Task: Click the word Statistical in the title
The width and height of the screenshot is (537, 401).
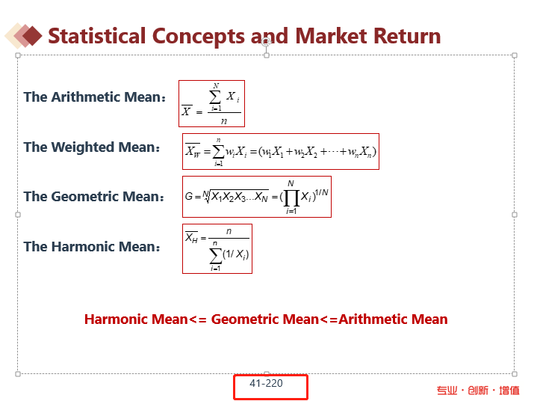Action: tap(97, 37)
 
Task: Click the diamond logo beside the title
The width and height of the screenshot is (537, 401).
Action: tap(23, 35)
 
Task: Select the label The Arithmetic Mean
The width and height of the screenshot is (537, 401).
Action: tap(95, 97)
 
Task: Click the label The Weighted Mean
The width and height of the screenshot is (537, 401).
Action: tap(91, 147)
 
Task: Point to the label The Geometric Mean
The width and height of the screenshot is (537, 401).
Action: tap(93, 197)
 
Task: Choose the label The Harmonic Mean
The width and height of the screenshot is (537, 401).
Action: tap(91, 247)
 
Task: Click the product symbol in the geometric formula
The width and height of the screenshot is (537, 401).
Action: tap(291, 198)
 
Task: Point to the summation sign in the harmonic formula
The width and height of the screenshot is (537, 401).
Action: tap(215, 256)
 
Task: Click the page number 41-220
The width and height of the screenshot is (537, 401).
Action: tap(266, 383)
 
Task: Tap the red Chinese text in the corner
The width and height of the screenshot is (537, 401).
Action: tap(478, 391)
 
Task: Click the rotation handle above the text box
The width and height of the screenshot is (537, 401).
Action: tap(266, 42)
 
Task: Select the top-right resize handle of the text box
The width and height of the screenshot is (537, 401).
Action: tap(515, 55)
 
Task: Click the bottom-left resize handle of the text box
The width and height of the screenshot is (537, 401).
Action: tap(18, 374)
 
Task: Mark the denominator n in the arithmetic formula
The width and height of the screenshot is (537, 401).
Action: tap(224, 120)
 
